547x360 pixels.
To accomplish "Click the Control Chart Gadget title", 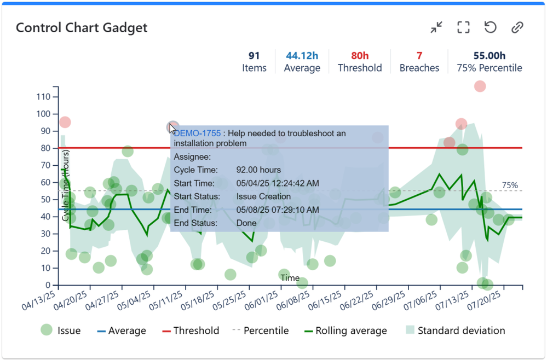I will click(x=82, y=27).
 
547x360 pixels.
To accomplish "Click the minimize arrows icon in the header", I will click(x=436, y=27).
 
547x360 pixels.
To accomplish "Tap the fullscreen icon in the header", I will click(x=463, y=27).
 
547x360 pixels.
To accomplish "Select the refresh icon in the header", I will click(x=490, y=27).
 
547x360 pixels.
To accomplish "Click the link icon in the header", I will click(x=517, y=27).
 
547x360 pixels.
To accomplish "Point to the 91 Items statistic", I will click(x=254, y=61).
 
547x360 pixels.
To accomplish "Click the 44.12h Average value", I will click(x=302, y=55).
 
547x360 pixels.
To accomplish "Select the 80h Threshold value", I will click(x=360, y=55).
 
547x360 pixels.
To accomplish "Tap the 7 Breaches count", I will click(x=419, y=55).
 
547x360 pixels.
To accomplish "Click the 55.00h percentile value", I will click(x=489, y=55).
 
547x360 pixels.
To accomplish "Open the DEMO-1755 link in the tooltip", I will click(x=198, y=133).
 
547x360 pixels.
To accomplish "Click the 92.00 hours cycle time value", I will click(x=258, y=170).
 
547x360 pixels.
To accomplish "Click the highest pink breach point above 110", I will click(x=480, y=86).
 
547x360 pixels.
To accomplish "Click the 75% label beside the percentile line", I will click(x=510, y=185).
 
